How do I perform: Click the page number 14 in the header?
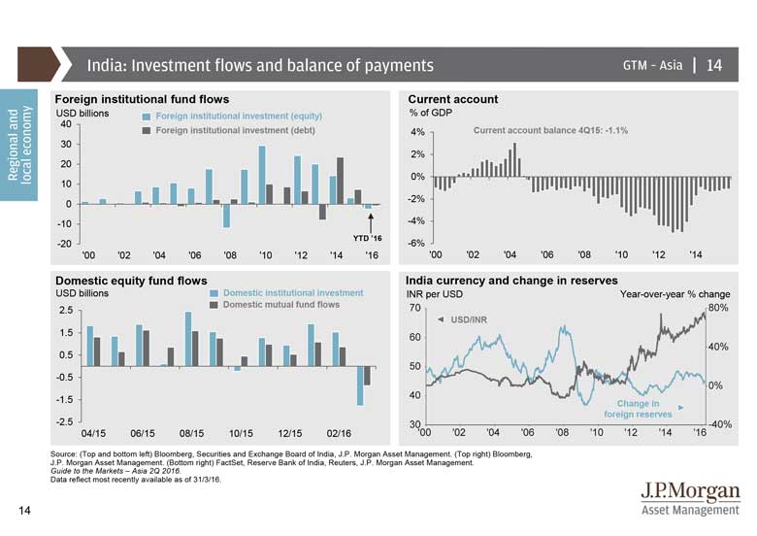click(x=713, y=66)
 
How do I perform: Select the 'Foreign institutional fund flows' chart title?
click(x=142, y=99)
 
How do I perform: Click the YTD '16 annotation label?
click(x=367, y=237)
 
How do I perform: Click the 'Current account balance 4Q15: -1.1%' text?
click(x=550, y=129)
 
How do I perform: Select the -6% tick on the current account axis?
click(x=417, y=243)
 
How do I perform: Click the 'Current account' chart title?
click(x=453, y=99)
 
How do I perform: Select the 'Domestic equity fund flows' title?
click(x=131, y=281)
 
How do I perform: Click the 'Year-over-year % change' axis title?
click(x=675, y=293)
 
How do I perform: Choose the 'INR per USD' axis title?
click(x=434, y=293)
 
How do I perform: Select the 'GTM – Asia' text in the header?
click(x=653, y=66)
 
